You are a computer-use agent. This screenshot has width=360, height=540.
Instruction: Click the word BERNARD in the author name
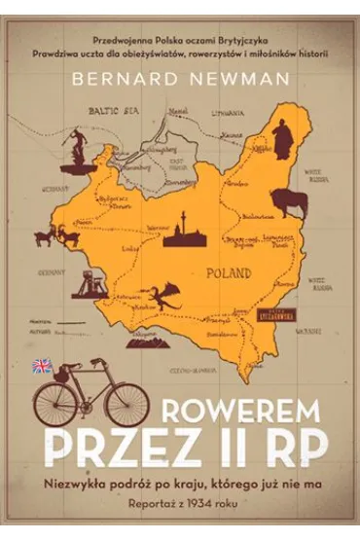pos(138,82)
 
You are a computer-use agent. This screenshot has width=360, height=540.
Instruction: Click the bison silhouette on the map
pos(289,203)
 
